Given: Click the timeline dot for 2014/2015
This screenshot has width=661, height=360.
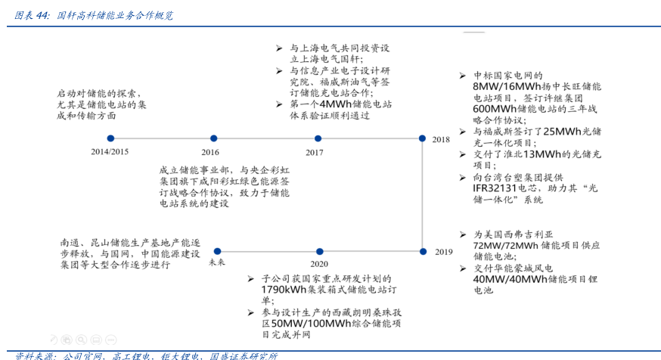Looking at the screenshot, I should tap(110, 138).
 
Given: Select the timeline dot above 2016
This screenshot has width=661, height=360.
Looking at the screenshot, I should tap(215, 138).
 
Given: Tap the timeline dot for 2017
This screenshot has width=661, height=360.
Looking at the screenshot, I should tap(316, 138).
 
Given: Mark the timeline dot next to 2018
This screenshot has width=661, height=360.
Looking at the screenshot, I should tap(423, 138).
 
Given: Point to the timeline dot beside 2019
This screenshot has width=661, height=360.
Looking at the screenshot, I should tap(423, 250).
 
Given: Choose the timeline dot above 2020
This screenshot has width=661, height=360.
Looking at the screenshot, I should tap(318, 250).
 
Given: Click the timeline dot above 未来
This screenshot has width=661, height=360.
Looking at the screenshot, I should tap(217, 250).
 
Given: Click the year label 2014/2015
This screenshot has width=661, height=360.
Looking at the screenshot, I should tap(110, 152).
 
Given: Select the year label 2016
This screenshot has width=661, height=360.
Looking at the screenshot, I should tap(210, 152).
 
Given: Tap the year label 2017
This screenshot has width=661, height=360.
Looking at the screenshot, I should tap(315, 152).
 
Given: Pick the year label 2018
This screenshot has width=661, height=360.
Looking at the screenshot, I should tap(441, 140).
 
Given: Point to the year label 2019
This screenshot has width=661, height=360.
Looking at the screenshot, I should tap(443, 252).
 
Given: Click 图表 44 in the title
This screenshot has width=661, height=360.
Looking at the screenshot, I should tap(32, 14).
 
